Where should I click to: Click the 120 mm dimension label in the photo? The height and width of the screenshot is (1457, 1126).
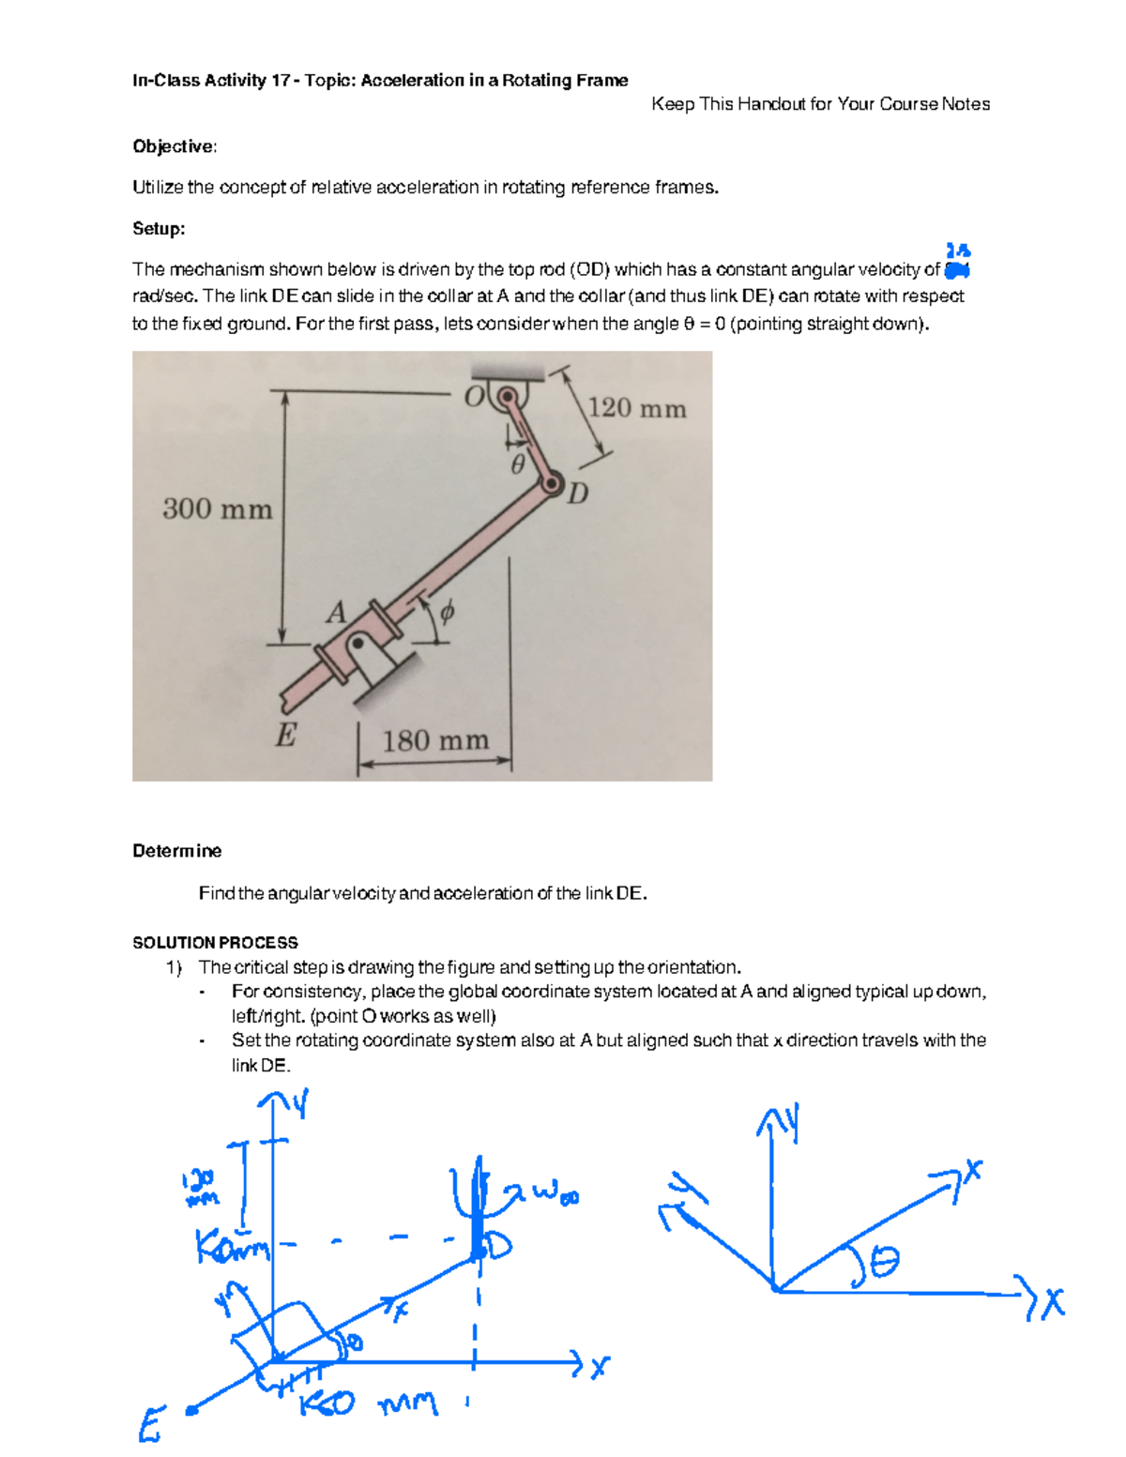tap(637, 408)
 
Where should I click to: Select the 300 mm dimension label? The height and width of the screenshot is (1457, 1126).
tap(218, 508)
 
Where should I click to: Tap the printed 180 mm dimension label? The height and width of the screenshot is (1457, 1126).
tap(435, 741)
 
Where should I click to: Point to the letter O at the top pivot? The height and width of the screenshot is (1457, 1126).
tap(475, 396)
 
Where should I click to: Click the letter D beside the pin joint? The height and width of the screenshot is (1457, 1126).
tap(578, 493)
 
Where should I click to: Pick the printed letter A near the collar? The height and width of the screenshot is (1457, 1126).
tap(336, 613)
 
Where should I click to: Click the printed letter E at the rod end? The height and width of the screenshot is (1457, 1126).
tap(285, 735)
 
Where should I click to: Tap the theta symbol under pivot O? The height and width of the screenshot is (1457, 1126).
tap(517, 464)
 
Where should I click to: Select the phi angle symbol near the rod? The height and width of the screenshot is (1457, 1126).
tap(447, 613)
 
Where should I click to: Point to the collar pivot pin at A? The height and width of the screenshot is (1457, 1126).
tap(358, 643)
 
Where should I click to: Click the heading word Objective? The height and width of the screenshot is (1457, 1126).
tap(175, 146)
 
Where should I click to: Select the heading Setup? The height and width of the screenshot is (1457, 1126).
tap(159, 229)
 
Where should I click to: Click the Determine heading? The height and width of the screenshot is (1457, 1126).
tap(176, 851)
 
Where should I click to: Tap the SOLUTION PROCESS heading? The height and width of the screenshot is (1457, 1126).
tap(215, 943)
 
